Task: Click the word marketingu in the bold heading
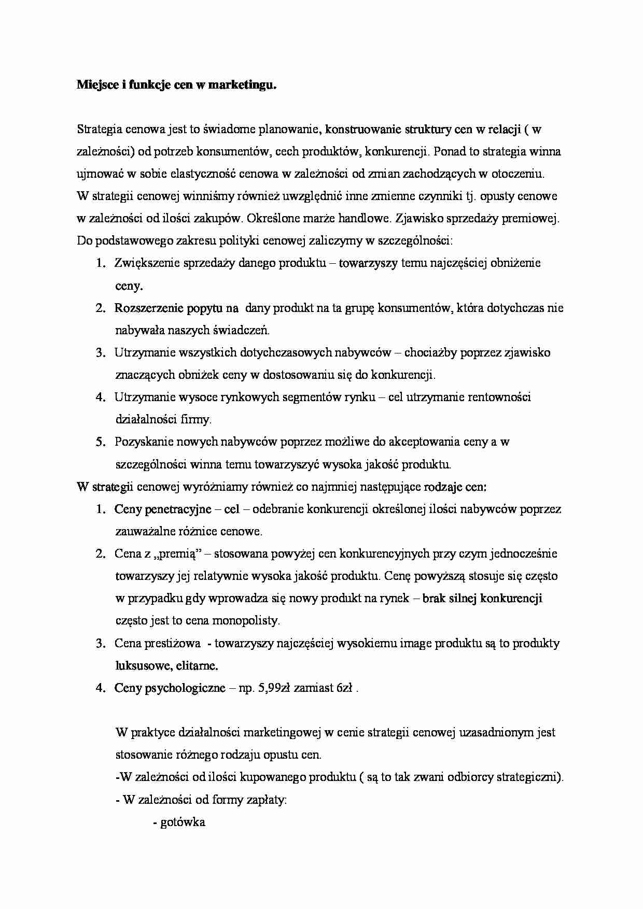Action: coord(242,86)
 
